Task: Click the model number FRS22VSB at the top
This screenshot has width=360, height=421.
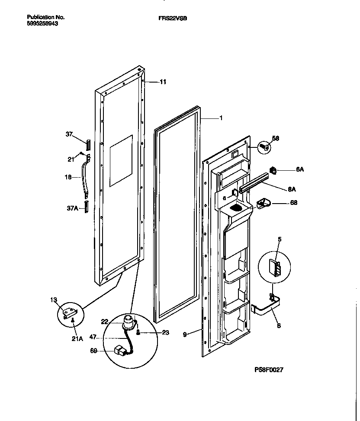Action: tap(175, 18)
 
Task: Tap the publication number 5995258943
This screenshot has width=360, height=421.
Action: tap(42, 24)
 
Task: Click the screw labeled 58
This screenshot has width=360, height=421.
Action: tap(264, 147)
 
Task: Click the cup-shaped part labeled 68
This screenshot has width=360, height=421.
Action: tap(263, 203)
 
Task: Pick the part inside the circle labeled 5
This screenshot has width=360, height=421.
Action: tap(273, 269)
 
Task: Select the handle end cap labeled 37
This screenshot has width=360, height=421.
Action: tap(88, 143)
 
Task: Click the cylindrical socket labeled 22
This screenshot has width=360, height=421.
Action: tap(128, 321)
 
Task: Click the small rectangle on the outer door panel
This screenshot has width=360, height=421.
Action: tap(121, 160)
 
